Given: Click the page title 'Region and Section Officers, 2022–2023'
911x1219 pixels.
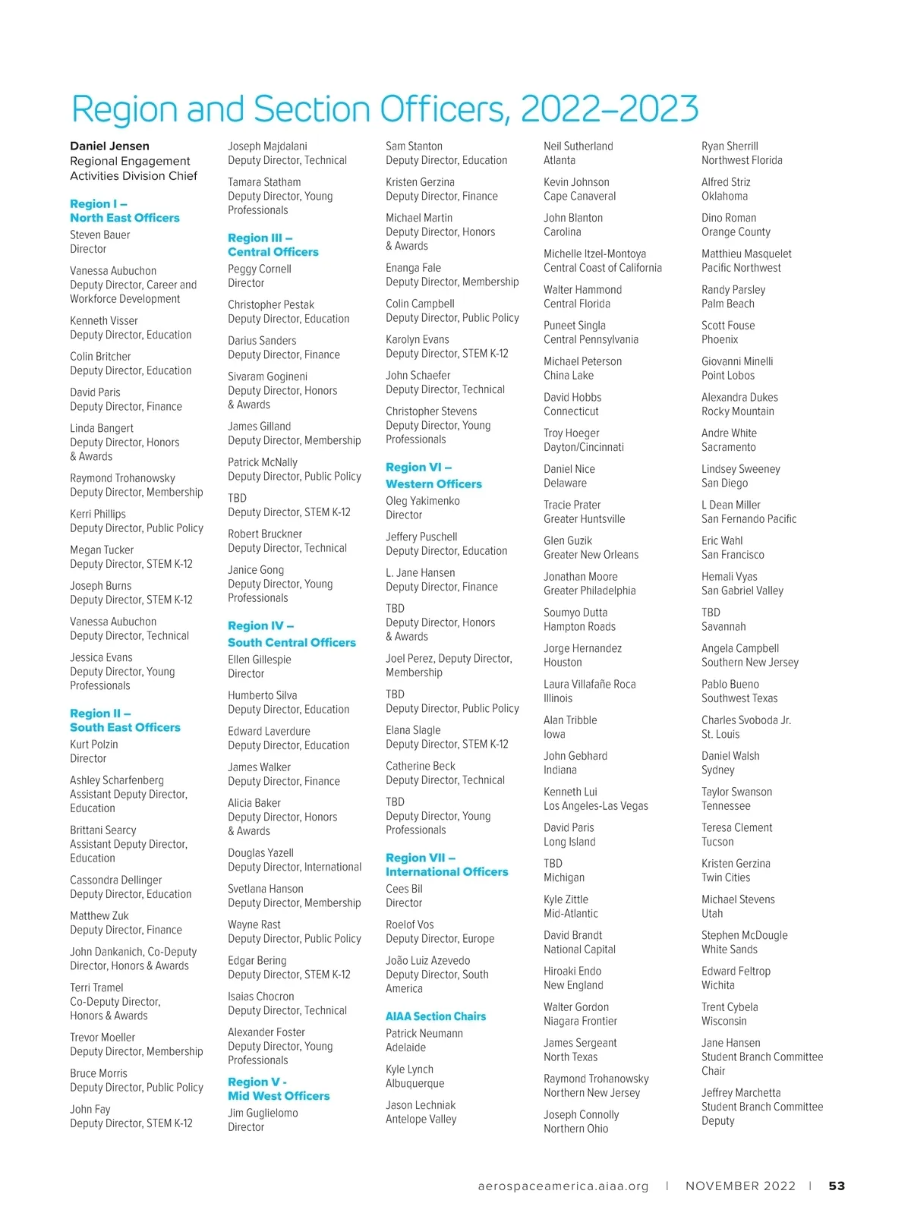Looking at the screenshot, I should [385, 109].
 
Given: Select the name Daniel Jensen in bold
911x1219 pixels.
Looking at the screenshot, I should [109, 146].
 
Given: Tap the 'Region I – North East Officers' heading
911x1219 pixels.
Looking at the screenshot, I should [125, 211].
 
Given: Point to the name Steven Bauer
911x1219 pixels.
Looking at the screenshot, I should [100, 235].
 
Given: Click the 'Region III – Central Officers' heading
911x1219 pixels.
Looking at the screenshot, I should [273, 245].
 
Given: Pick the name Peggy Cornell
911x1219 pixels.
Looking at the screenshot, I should [260, 269].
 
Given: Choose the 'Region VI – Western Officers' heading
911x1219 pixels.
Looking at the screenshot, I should [433, 476].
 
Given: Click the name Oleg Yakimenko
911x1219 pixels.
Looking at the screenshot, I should [423, 501].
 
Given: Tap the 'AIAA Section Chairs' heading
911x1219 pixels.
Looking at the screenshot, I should [436, 1016].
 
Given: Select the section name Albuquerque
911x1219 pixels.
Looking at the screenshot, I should [415, 1083].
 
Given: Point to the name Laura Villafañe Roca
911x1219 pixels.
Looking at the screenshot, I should [590, 685].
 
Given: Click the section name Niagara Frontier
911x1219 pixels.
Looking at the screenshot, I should [580, 1021].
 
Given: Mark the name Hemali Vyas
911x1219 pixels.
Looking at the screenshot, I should [730, 577].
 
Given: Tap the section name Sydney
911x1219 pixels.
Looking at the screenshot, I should [718, 770].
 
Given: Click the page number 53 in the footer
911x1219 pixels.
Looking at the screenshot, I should [837, 1186].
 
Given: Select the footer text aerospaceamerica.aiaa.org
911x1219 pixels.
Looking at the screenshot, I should [563, 1186].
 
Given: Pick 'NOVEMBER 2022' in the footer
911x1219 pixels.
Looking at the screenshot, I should [740, 1186].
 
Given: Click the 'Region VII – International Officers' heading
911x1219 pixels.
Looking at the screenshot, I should [446, 865].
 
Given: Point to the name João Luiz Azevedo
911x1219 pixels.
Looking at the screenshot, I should [428, 961].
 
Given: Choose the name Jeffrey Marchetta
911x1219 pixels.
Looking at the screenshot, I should [741, 1093].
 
